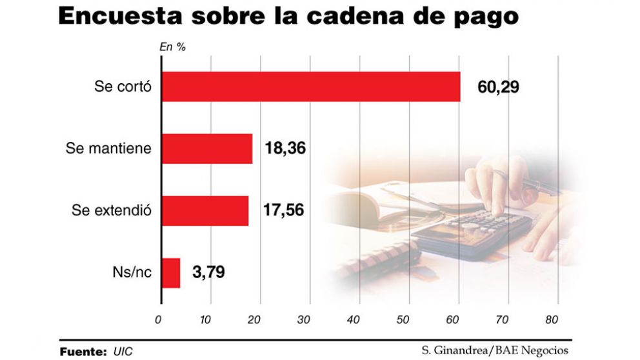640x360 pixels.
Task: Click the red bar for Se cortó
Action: pyautogui.click(x=310, y=87)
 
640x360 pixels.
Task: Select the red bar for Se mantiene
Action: pyautogui.click(x=206, y=148)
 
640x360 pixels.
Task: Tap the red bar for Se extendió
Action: pyautogui.click(x=205, y=210)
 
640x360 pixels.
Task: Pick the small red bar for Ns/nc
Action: pyautogui.click(x=171, y=272)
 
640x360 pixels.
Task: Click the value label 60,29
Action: pyautogui.click(x=498, y=87)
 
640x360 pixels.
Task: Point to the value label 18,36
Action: pyautogui.click(x=285, y=148)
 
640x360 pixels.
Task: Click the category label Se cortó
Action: pyautogui.click(x=123, y=87)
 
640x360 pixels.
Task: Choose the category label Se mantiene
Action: pyautogui.click(x=108, y=148)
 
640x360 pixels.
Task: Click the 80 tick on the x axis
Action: pyautogui.click(x=552, y=319)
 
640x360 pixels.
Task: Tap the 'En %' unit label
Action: pyautogui.click(x=168, y=46)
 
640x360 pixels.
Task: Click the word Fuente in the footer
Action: pyautogui.click(x=83, y=352)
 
